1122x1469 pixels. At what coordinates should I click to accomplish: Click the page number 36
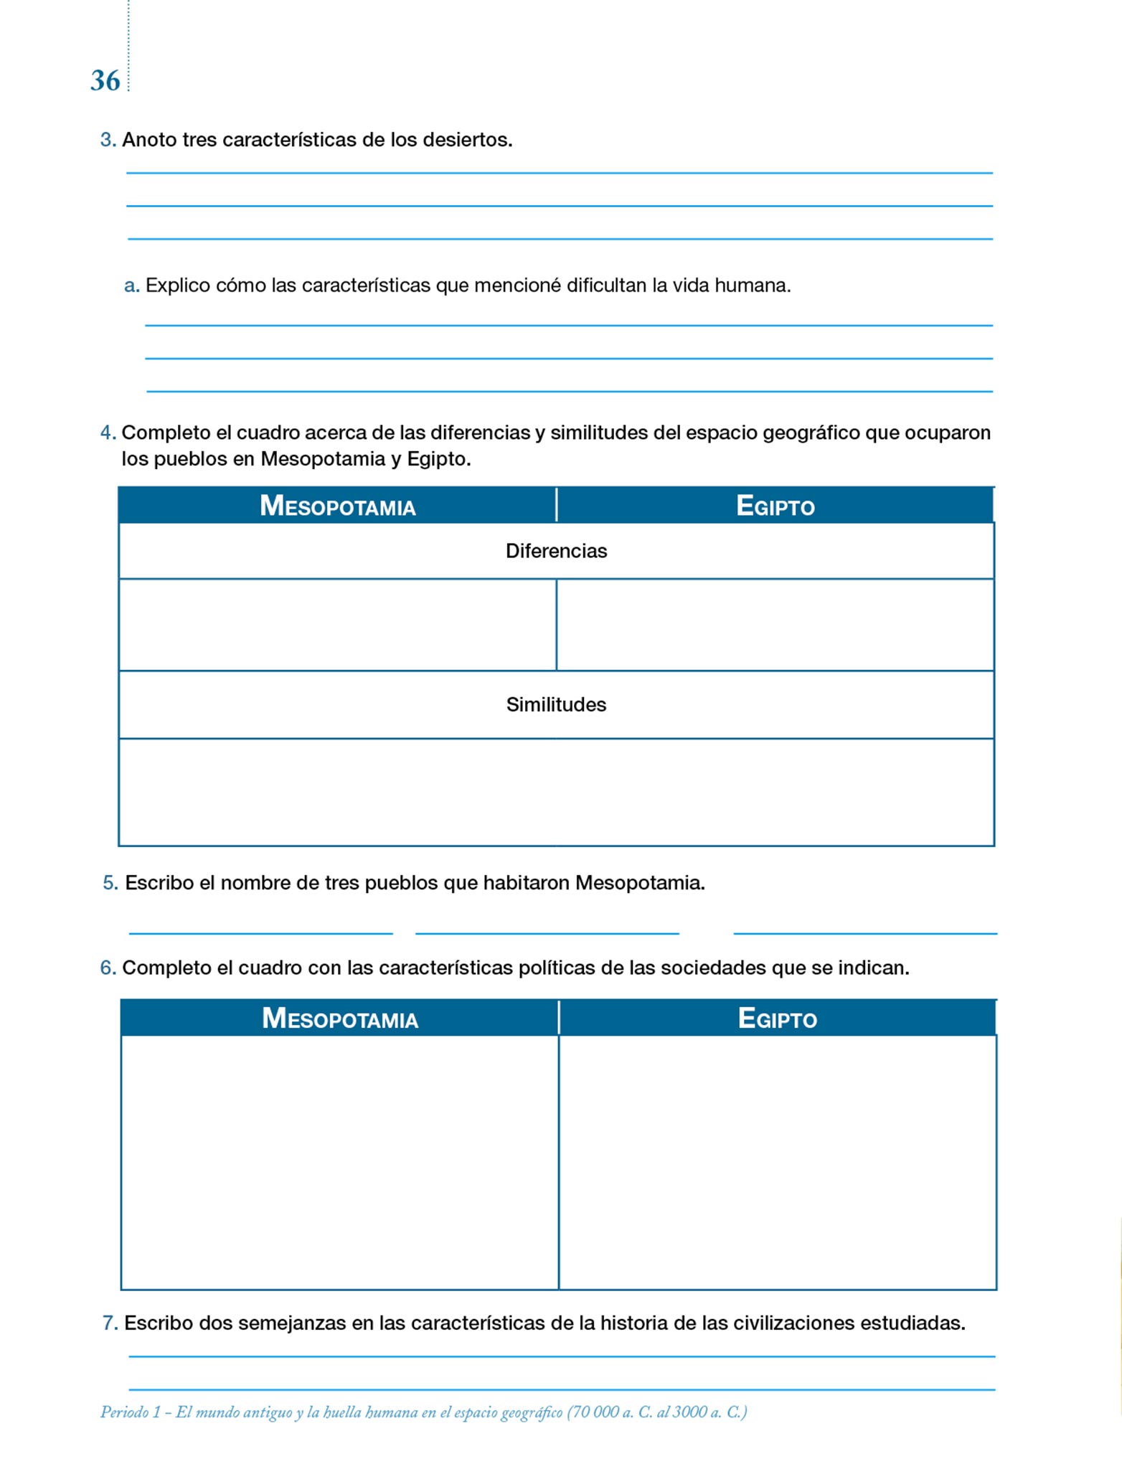(x=105, y=80)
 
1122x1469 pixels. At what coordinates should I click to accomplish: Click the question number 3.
(x=108, y=140)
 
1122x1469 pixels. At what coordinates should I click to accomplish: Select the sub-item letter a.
(x=131, y=286)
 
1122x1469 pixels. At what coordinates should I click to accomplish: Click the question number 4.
(x=108, y=433)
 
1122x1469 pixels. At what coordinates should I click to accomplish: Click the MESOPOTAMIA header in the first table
(x=337, y=506)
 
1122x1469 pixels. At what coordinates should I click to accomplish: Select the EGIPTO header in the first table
(x=775, y=506)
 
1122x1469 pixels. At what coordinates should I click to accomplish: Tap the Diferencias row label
(x=556, y=551)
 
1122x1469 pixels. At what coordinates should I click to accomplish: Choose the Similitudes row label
(x=556, y=704)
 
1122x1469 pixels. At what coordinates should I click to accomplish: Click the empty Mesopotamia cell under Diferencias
(x=337, y=625)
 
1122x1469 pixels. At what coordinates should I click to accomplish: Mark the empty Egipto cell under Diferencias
(x=775, y=625)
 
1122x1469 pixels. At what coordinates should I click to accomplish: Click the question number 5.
(x=110, y=883)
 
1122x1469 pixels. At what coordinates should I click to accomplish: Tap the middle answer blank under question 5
(x=547, y=925)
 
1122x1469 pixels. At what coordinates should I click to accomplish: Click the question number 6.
(x=108, y=968)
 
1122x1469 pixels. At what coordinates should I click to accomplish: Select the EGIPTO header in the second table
(x=778, y=1019)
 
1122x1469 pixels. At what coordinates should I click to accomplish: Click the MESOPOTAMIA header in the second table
(x=339, y=1019)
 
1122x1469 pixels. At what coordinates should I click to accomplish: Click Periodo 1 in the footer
(x=130, y=1412)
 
